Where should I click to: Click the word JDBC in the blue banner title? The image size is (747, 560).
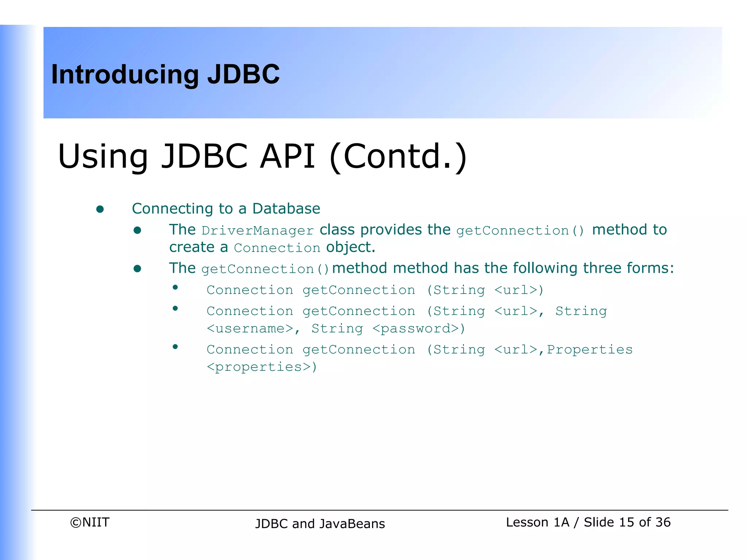(243, 74)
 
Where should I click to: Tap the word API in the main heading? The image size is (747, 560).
(287, 156)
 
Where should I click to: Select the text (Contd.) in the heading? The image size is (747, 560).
(398, 156)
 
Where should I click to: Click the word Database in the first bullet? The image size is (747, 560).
(286, 209)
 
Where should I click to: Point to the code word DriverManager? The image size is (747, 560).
(258, 231)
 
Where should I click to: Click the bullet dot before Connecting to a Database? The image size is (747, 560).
(100, 209)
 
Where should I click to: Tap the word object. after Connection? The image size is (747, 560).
(351, 247)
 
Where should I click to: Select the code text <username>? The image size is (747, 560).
(250, 329)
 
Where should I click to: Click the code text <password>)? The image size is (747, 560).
(419, 329)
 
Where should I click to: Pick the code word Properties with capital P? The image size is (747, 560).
(589, 350)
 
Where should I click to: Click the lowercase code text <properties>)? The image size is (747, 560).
(262, 367)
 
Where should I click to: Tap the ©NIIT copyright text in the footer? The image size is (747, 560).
(90, 522)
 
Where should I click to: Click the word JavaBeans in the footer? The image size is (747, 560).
(352, 524)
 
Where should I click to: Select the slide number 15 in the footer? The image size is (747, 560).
(626, 522)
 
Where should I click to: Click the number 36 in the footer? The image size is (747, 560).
(663, 522)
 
